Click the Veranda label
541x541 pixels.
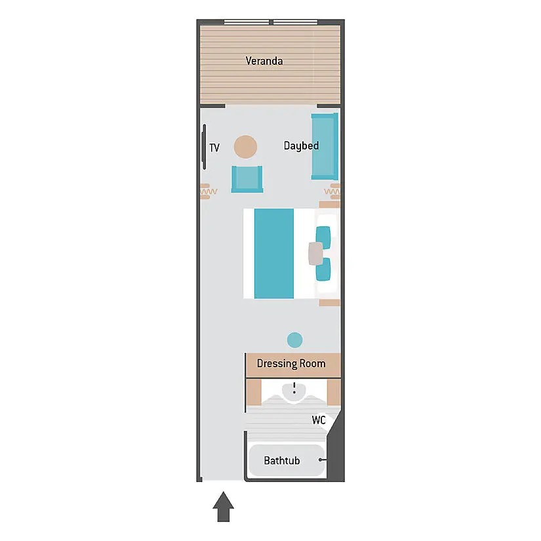(x=264, y=61)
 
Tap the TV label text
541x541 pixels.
(x=214, y=148)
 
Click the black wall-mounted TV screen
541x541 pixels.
(x=204, y=147)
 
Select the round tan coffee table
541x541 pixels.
(x=245, y=147)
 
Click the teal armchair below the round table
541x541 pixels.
(x=247, y=179)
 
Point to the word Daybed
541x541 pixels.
(x=301, y=146)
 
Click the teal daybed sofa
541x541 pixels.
(x=325, y=146)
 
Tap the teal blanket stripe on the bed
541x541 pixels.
(x=274, y=253)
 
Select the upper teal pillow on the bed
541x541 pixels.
(x=323, y=237)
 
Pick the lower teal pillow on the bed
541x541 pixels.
(x=323, y=269)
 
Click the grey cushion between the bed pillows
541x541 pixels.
(x=315, y=254)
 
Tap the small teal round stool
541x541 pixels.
(x=294, y=340)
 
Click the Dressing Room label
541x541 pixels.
(x=291, y=364)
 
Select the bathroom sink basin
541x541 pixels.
(x=294, y=391)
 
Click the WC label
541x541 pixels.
(x=319, y=420)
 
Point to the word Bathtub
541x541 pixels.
(x=282, y=460)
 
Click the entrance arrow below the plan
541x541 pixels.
(x=223, y=506)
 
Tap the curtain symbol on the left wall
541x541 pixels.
(x=209, y=191)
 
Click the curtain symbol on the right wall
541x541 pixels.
(x=332, y=191)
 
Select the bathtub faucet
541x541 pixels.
(x=322, y=460)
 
